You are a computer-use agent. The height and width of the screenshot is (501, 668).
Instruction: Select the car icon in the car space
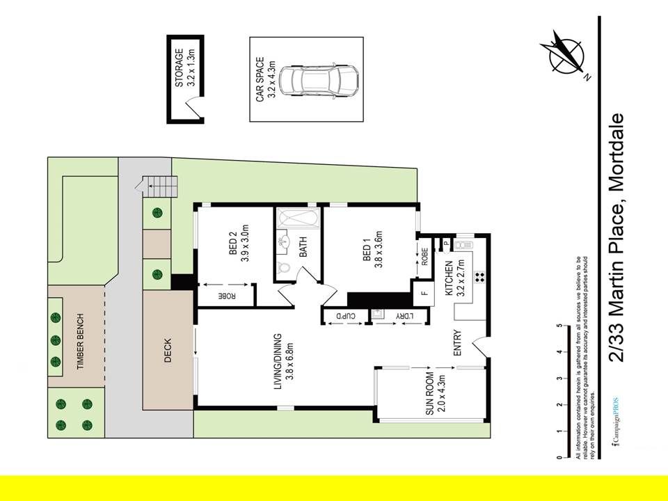318,80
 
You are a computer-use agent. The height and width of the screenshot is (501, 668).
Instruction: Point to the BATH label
303,247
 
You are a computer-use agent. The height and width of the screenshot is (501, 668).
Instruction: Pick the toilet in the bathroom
283,268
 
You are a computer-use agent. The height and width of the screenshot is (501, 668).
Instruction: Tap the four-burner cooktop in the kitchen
479,278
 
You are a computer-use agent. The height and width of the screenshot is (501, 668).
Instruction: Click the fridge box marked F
424,293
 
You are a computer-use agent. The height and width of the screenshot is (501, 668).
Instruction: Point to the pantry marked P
446,244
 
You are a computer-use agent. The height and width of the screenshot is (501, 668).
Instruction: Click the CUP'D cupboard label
346,316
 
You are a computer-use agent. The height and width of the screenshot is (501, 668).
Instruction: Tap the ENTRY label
458,343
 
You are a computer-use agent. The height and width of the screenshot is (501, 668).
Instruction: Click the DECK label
168,350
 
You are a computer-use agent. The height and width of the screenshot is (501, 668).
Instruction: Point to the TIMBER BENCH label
81,341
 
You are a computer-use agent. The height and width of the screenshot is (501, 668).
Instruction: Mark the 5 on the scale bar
559,326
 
